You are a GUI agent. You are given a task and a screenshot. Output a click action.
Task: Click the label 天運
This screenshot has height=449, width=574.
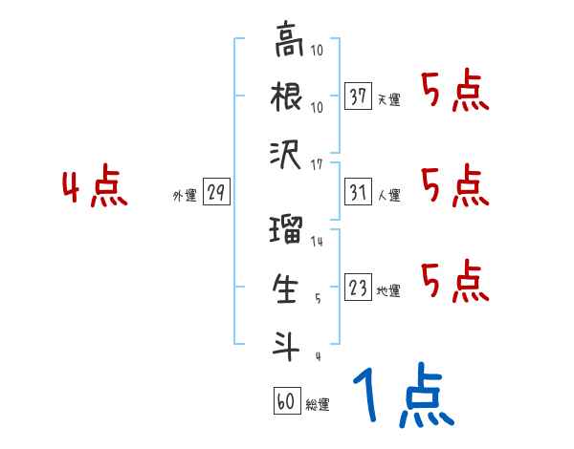(389, 99)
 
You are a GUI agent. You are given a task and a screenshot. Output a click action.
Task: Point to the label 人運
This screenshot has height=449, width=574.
(389, 196)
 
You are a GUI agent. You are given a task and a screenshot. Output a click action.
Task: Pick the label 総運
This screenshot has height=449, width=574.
(317, 405)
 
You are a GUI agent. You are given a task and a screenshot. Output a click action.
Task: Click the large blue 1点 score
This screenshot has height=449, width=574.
(402, 396)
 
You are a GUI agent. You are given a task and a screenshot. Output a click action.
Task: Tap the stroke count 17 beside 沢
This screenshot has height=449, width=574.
(318, 164)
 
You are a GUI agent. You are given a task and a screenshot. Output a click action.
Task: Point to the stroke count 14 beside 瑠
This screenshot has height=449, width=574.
(318, 242)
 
